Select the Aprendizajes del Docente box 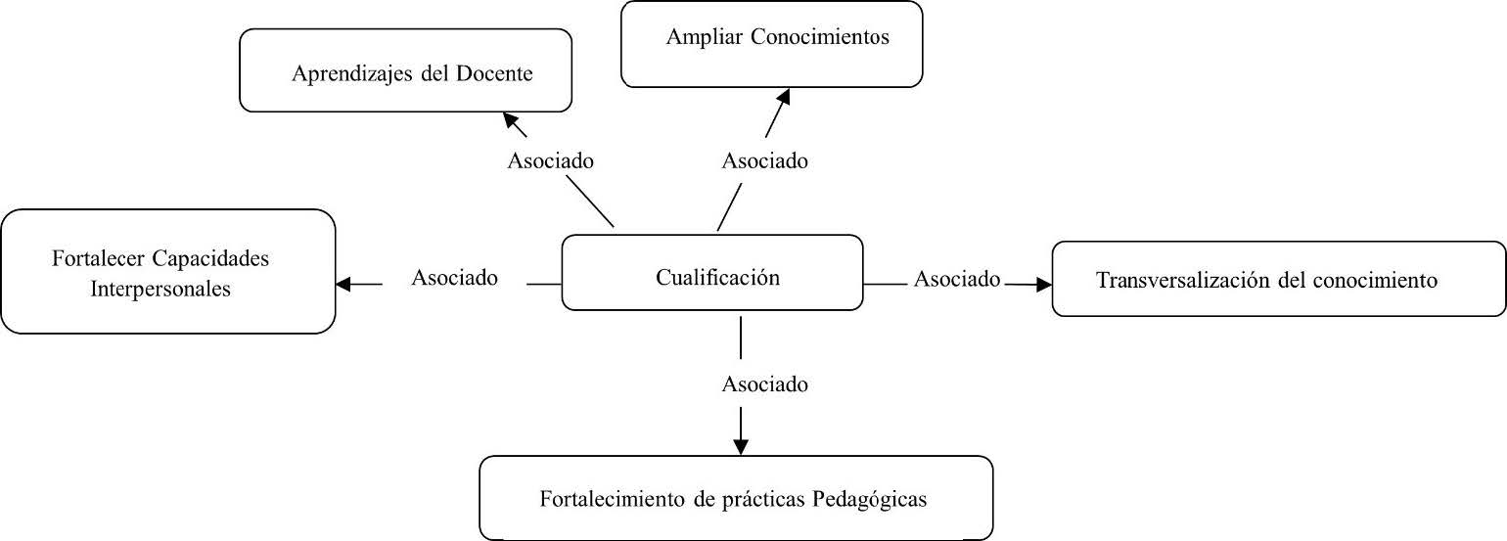pos(405,70)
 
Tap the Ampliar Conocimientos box pos(772,44)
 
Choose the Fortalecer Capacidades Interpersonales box pos(168,272)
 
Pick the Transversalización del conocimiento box pos(1278,279)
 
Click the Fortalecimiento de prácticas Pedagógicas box pos(736,498)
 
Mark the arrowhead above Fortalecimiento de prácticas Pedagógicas pos(741,446)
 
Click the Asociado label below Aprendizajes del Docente pos(551,160)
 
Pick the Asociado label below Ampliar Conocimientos pos(765,160)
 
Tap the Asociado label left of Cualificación pos(454,278)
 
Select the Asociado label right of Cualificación pos(957,280)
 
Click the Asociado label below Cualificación pos(765,383)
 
